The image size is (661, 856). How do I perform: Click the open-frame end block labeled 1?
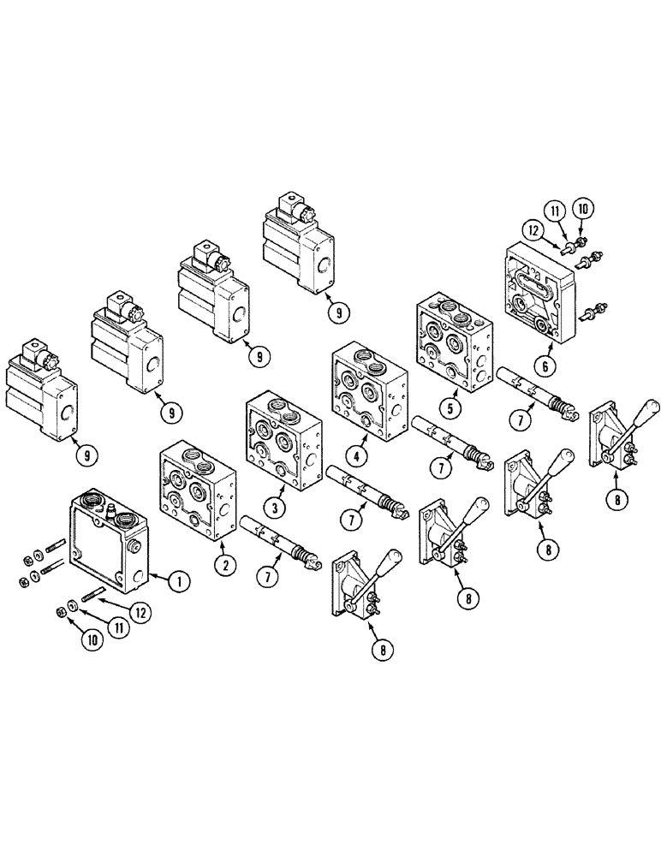tap(107, 543)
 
